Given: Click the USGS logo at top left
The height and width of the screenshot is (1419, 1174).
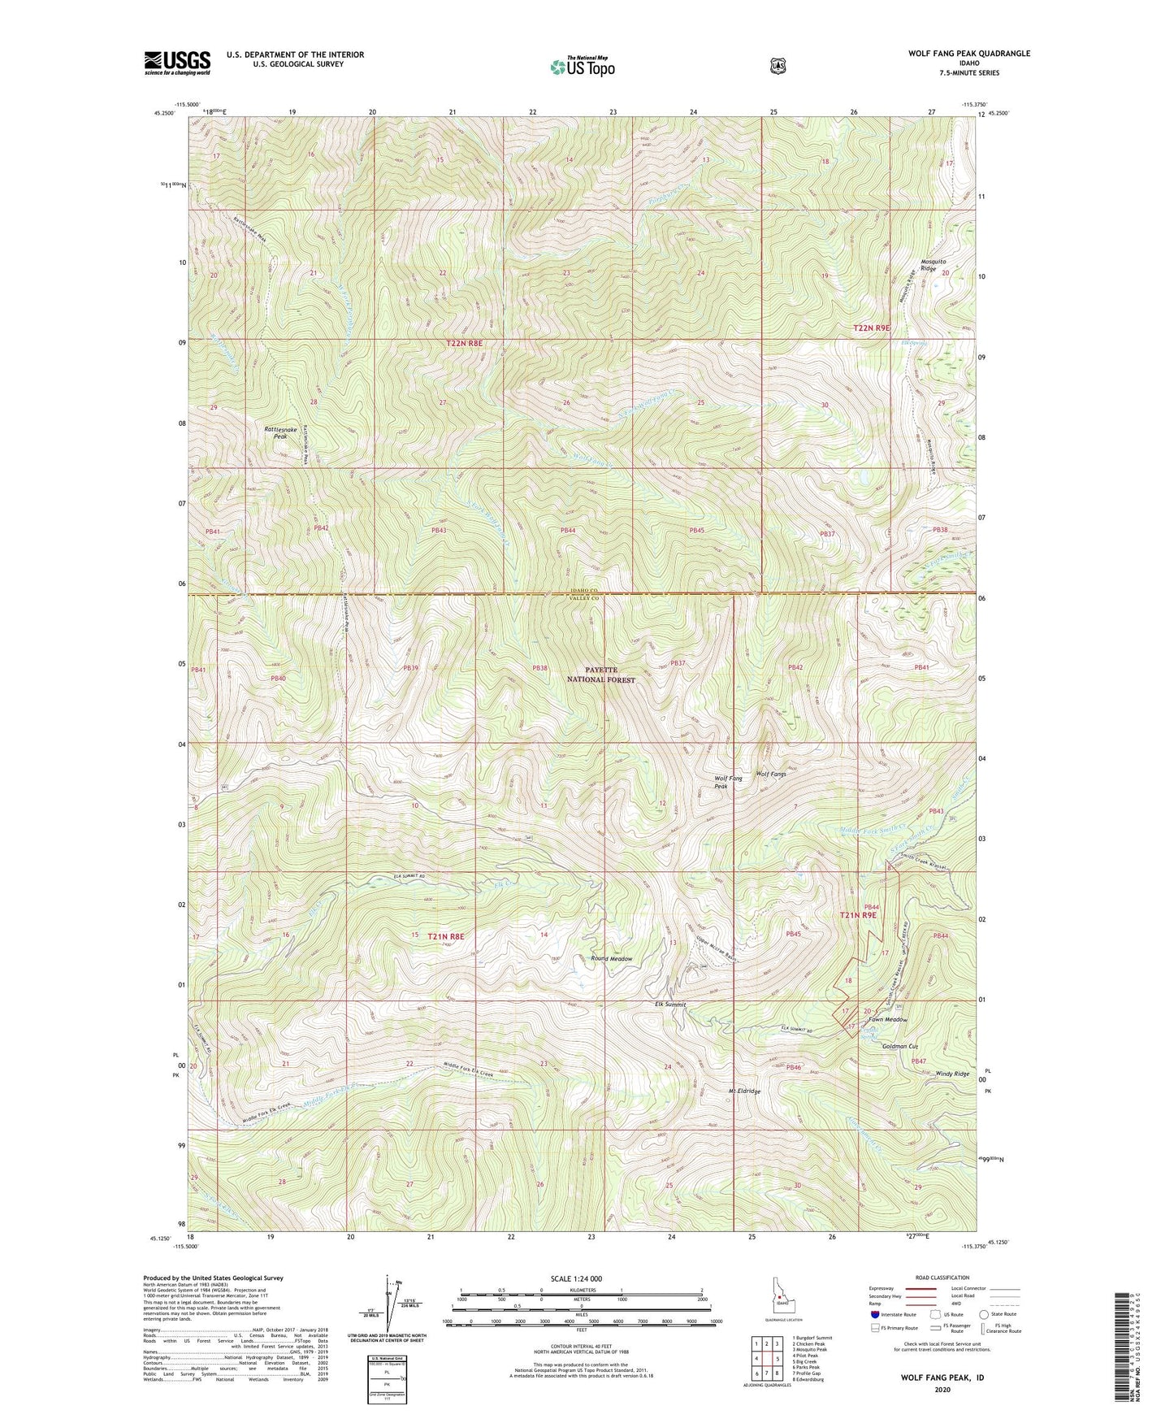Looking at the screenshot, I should (177, 63).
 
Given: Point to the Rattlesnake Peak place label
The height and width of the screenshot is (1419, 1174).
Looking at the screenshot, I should (275, 432).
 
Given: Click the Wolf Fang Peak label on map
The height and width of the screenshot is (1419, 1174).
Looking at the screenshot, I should (728, 782).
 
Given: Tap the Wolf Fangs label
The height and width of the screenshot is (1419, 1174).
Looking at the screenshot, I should (771, 774).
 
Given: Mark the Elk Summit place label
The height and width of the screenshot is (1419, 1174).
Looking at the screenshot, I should (670, 1005).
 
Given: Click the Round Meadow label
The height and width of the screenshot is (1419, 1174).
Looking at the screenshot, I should (611, 959).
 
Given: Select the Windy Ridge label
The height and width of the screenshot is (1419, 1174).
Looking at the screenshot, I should (952, 1074).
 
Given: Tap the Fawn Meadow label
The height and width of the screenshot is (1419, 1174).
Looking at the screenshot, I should (887, 1019).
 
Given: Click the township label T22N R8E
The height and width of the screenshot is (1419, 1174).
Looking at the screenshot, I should (464, 344).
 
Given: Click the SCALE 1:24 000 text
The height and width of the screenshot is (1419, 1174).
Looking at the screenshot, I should (576, 1278).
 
